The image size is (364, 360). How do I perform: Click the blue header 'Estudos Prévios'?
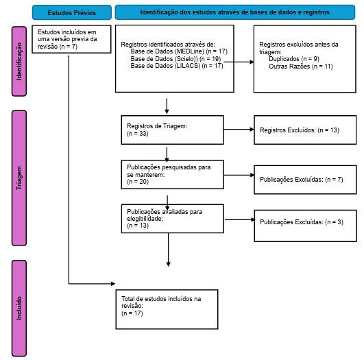[72, 12]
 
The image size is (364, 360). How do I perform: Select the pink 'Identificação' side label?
[19, 61]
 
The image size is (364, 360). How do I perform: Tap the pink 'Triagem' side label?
[19, 178]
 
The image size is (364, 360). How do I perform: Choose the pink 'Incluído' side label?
[19, 308]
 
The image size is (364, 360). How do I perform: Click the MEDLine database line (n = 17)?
[179, 51]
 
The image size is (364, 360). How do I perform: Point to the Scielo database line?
[175, 58]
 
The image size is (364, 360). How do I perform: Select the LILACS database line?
[177, 66]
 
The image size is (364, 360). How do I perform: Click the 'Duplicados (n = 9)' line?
[294, 59]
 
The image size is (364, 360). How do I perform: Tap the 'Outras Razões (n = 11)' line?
[301, 67]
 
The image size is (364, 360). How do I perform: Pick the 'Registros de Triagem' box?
[172, 130]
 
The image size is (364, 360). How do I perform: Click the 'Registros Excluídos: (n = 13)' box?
[305, 130]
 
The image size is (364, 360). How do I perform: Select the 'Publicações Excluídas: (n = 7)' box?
[305, 180]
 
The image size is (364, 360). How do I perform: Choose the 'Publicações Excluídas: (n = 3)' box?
[305, 226]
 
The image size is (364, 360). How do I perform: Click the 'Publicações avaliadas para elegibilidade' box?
[173, 219]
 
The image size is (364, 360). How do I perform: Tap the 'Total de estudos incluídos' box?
[167, 309]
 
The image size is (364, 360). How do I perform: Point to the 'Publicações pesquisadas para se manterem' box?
[173, 174]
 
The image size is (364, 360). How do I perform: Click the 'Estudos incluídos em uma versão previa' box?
[71, 39]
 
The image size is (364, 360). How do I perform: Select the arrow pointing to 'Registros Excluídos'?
[239, 130]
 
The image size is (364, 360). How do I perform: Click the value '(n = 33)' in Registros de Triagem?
[138, 134]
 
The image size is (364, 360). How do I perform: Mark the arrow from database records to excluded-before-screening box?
[239, 62]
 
